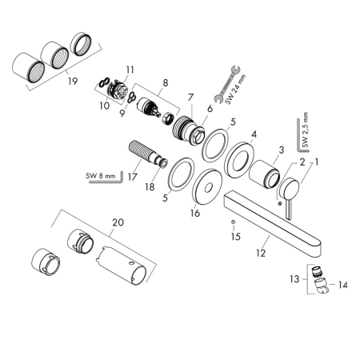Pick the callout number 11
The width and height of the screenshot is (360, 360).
131,70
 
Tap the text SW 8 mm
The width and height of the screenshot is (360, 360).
101,175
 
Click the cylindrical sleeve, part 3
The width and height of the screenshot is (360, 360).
262,172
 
